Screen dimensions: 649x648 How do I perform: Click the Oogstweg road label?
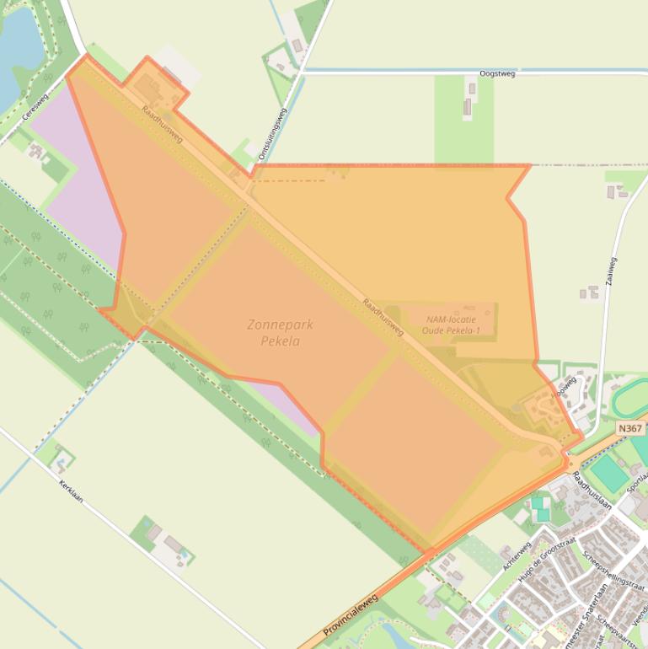496,74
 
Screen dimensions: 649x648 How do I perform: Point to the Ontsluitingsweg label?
273,134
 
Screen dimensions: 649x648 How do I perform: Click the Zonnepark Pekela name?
274,333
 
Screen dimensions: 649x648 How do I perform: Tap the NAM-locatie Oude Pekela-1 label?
453,324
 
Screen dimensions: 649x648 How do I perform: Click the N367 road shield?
629,428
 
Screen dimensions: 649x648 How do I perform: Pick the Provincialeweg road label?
351,614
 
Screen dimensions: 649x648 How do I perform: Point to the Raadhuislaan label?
592,490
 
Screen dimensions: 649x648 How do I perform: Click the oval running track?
630,397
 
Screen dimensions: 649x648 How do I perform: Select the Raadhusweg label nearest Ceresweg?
162,124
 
